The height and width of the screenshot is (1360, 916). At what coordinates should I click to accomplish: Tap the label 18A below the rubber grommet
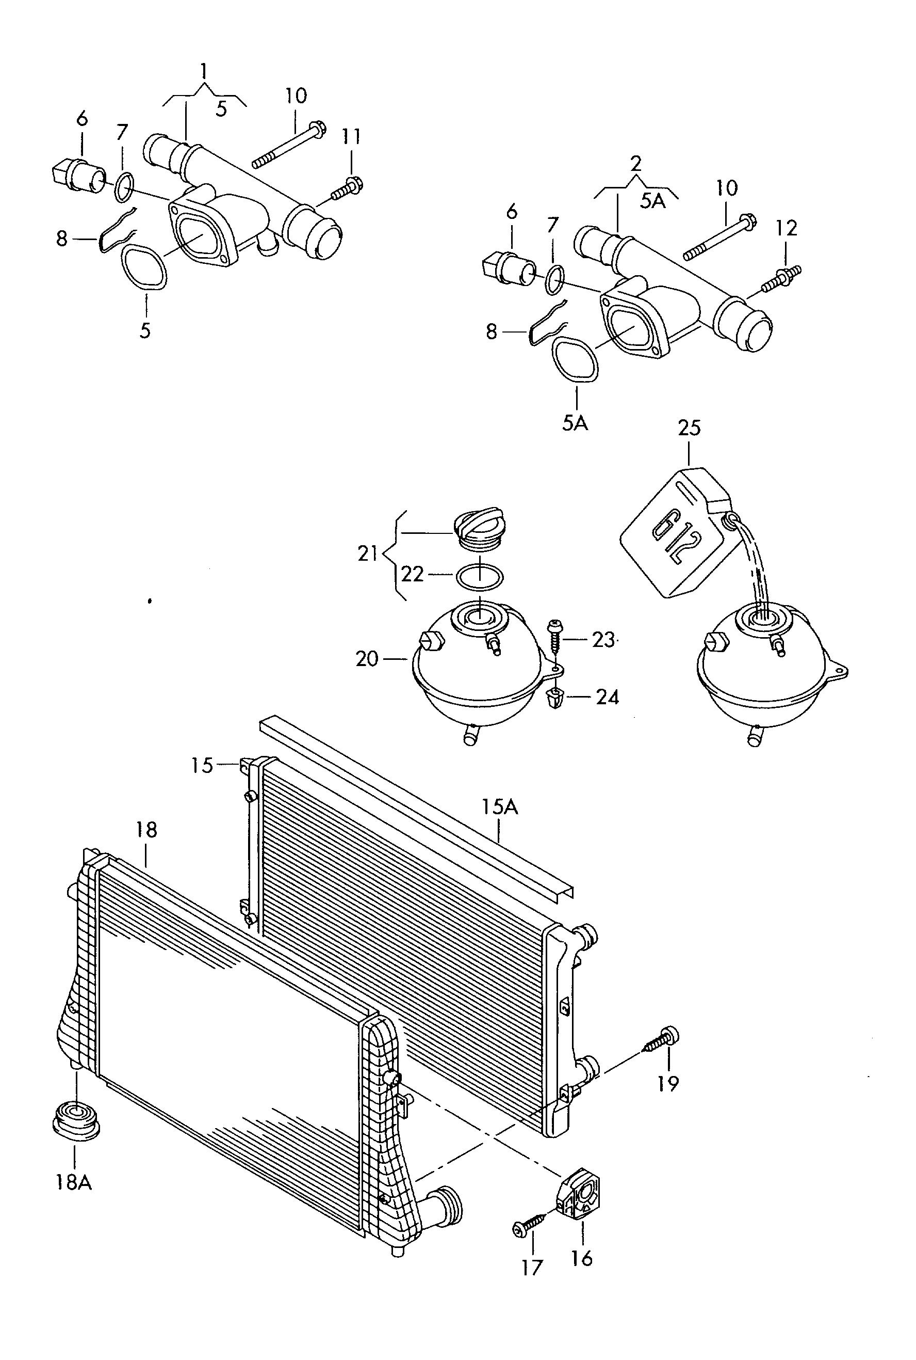74,1182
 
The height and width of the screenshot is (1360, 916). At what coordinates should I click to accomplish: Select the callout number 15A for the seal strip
499,808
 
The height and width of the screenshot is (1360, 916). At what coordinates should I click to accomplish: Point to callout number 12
787,229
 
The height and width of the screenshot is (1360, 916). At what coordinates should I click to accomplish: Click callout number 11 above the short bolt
351,137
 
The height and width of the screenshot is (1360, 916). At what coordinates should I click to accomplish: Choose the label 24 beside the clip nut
607,697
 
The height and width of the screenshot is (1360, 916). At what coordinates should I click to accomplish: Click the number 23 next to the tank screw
603,640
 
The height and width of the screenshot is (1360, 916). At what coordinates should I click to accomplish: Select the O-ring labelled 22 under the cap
479,577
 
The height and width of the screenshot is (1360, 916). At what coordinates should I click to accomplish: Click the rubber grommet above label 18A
75,1120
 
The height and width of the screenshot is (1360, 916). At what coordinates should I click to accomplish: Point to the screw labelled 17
529,1224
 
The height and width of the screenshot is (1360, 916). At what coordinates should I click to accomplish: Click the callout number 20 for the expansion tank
367,659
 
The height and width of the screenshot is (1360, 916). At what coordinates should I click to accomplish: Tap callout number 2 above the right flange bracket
635,163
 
